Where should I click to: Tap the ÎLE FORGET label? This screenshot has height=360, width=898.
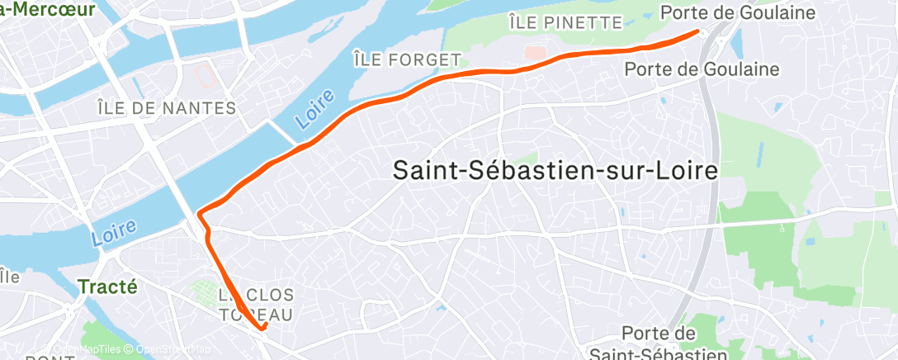click(406, 59)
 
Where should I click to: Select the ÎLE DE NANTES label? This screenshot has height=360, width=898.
click(167, 108)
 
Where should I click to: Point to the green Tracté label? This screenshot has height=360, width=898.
click(107, 287)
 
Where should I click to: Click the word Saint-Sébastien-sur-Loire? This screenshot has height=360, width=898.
click(555, 171)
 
